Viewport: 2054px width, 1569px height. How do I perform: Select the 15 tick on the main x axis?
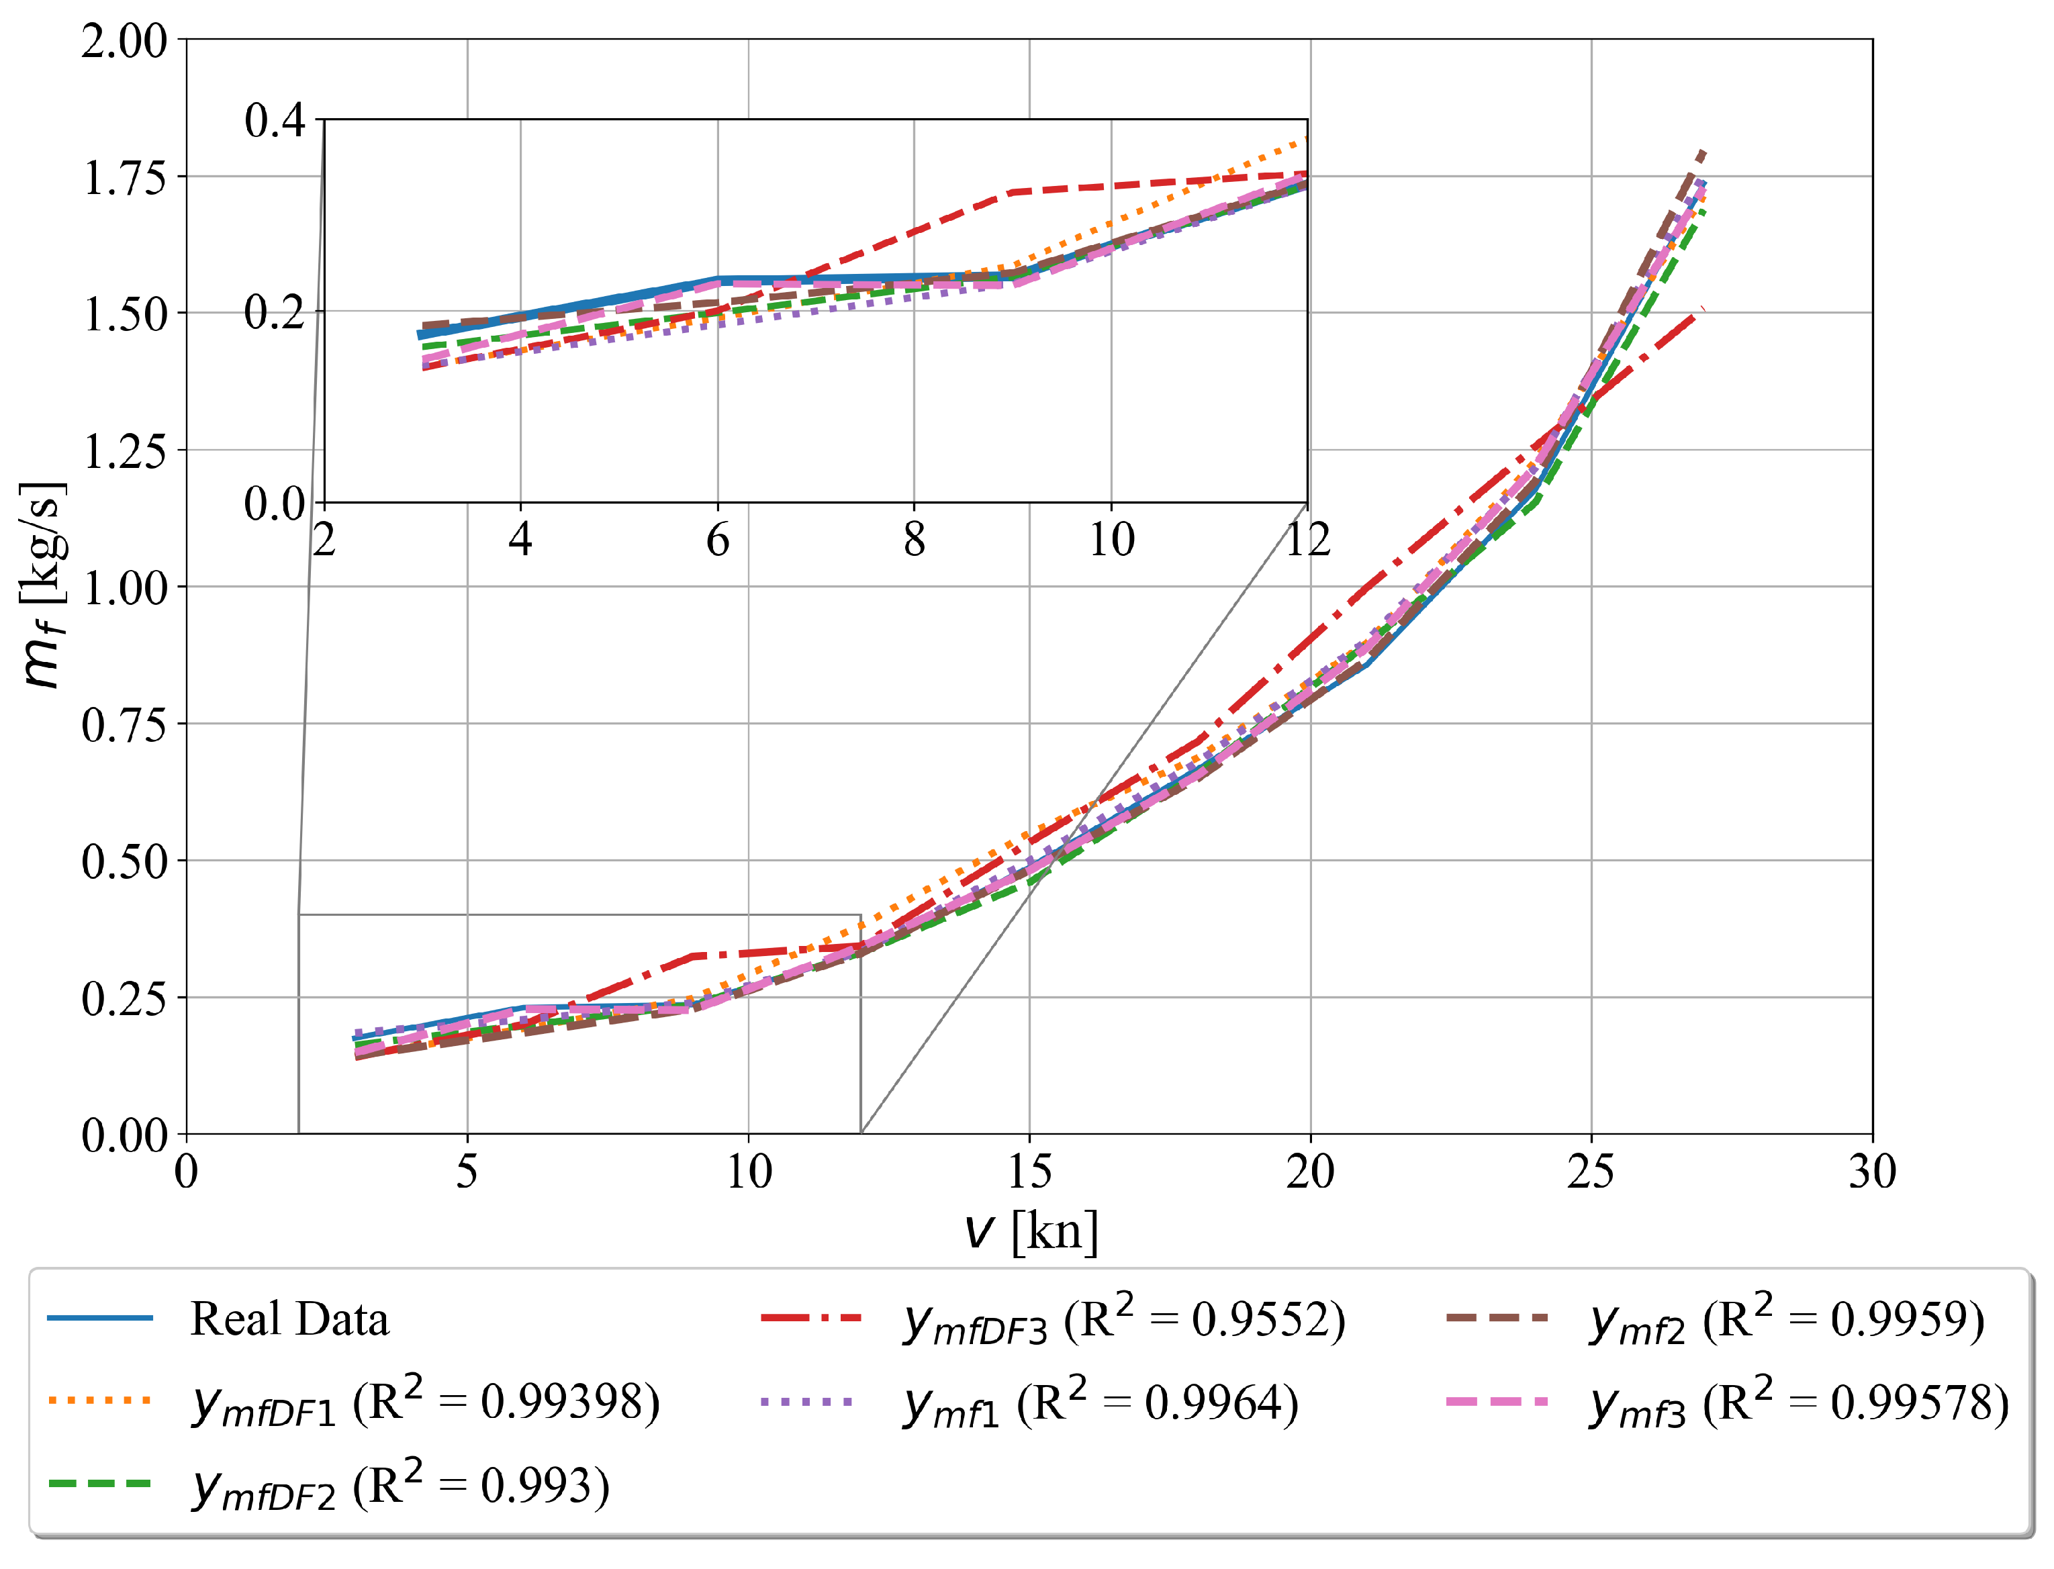click(x=1029, y=1172)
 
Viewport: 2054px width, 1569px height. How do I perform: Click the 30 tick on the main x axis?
click(x=1872, y=1172)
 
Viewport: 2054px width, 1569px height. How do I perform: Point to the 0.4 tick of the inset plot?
click(x=275, y=120)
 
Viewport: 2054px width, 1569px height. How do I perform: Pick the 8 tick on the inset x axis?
click(x=915, y=540)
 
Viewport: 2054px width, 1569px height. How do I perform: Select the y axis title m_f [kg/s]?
click(x=42, y=585)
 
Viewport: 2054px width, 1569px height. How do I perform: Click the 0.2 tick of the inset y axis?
click(x=275, y=312)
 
